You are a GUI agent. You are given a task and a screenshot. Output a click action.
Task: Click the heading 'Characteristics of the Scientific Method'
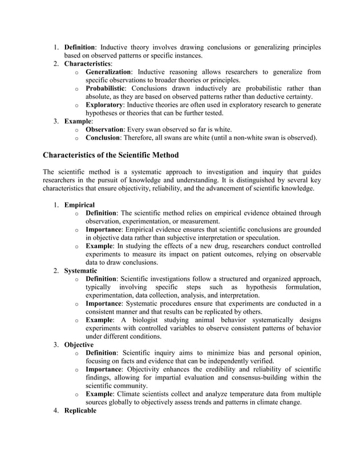click(x=111, y=155)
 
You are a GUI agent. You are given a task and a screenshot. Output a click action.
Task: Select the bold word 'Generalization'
click(x=108, y=72)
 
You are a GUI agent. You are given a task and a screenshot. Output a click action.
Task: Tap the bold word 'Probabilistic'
click(x=104, y=89)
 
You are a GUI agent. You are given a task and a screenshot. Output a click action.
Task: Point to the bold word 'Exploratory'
click(x=104, y=105)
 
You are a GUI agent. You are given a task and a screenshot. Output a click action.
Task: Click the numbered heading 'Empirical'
click(x=79, y=205)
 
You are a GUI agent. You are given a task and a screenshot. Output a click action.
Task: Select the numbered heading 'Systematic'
click(x=80, y=270)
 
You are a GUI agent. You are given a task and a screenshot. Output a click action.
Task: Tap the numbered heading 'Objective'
click(x=79, y=345)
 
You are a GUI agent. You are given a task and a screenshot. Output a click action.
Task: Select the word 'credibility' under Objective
click(x=213, y=370)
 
